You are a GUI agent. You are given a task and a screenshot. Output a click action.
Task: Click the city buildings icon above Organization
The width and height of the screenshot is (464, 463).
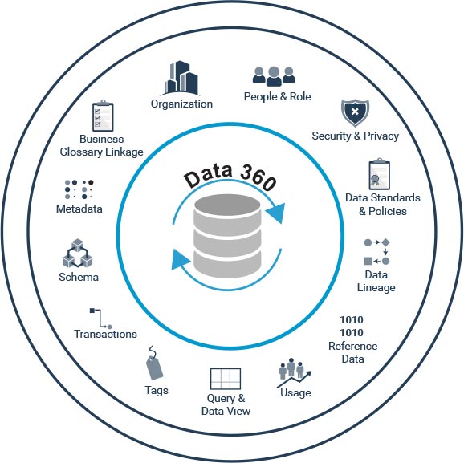[x=181, y=78]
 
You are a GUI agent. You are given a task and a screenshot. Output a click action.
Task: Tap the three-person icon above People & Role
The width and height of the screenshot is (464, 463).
[x=274, y=76]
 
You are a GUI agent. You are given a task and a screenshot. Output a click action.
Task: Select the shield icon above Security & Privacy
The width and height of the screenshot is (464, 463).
[x=355, y=112]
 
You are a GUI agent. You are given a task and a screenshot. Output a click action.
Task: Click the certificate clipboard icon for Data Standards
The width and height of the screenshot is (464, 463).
[x=380, y=174]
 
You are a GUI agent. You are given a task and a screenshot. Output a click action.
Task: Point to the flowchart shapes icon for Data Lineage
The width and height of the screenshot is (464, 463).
[x=376, y=252]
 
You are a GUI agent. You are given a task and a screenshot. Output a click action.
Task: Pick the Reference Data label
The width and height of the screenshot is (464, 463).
[x=352, y=352]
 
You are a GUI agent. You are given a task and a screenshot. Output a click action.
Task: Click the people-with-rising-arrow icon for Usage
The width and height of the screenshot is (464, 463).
[x=294, y=373]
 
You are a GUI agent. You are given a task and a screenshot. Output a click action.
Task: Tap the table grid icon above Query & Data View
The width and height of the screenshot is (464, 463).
[x=226, y=379]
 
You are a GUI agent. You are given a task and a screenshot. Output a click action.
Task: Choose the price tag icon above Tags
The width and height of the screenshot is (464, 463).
[x=154, y=363]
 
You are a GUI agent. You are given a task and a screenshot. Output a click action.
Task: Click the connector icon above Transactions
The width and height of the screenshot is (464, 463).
[x=100, y=319]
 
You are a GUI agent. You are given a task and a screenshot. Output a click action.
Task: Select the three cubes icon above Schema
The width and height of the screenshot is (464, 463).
[x=78, y=254]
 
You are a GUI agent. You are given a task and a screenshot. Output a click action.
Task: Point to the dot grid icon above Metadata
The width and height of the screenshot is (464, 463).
[x=79, y=189]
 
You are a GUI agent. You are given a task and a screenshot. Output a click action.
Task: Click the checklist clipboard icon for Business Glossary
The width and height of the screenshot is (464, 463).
[x=103, y=116]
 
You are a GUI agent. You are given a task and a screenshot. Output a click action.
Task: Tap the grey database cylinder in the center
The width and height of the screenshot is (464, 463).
[x=227, y=236]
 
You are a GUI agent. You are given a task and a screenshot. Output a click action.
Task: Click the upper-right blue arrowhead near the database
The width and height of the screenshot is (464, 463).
[x=276, y=213]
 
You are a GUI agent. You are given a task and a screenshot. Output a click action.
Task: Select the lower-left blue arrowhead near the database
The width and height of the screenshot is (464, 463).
[x=179, y=259]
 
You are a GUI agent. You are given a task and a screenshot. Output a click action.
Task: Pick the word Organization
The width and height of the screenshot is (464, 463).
[x=181, y=104]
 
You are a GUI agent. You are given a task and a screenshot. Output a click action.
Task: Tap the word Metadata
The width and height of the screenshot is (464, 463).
[x=79, y=209]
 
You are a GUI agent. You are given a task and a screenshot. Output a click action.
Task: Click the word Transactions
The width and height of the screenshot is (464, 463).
[x=105, y=334]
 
